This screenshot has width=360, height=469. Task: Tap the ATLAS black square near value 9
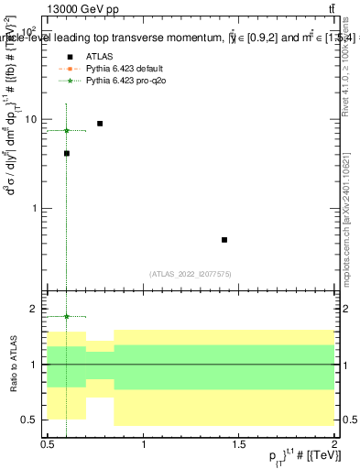(x=100, y=123)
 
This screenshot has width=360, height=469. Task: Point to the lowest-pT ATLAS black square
(x=67, y=154)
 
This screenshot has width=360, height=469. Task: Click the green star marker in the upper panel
(x=67, y=130)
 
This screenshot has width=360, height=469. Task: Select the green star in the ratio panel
(x=67, y=317)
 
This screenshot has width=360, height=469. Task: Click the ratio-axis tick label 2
(x=35, y=310)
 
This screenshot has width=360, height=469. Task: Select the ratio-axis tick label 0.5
(x=31, y=420)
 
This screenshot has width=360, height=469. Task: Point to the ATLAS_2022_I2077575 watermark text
(x=190, y=273)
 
